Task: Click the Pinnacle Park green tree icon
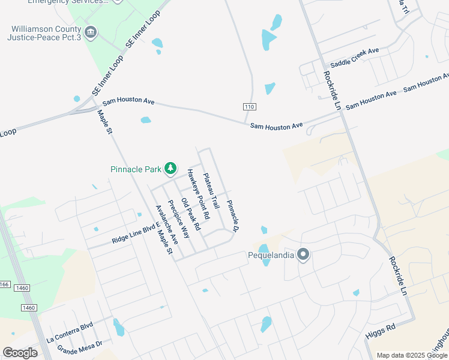171,169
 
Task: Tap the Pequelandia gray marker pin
303,254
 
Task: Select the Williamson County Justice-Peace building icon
91,32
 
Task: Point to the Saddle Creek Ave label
355,58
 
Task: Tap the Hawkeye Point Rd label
197,193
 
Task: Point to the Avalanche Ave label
167,224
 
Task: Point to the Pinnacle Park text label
136,169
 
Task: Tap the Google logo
20,353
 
